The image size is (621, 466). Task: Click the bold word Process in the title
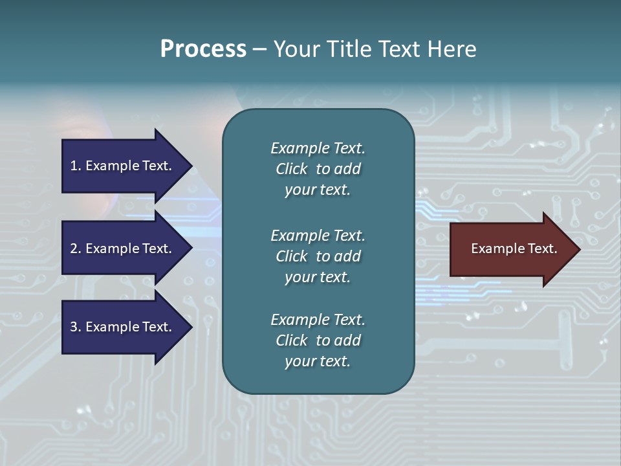click(x=203, y=49)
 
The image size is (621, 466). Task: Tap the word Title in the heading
click(x=348, y=49)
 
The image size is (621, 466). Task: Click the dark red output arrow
click(x=511, y=249)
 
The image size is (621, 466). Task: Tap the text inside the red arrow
click(x=514, y=249)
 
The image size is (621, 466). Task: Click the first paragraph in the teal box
click(x=318, y=169)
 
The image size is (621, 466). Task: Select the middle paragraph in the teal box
click(x=318, y=256)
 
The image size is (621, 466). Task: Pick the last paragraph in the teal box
click(x=318, y=340)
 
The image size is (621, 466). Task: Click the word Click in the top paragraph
click(x=291, y=169)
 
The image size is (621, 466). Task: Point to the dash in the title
click(x=259, y=50)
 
